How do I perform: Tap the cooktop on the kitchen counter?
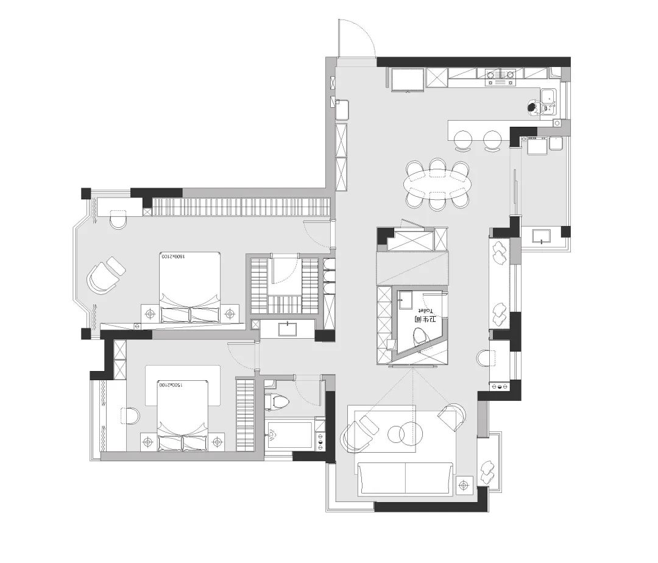click(x=500, y=75)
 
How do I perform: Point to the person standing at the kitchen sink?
click(x=533, y=108)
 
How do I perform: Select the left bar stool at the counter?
click(x=464, y=140)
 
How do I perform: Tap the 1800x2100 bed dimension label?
click(x=172, y=257)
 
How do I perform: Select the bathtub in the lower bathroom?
click(x=290, y=434)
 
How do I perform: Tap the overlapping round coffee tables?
click(x=403, y=433)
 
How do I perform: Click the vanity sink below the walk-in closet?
click(x=287, y=330)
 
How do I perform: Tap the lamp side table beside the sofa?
click(x=464, y=485)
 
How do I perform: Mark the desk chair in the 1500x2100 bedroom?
click(x=130, y=416)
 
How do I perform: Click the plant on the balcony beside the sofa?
click(x=489, y=470)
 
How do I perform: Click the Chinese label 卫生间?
click(x=425, y=319)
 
